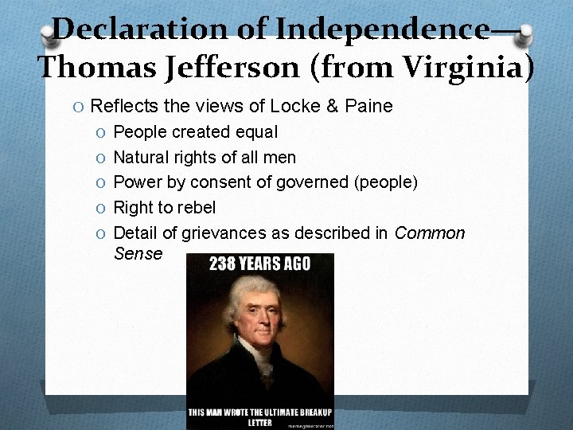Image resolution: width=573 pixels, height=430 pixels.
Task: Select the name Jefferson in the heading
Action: (228, 68)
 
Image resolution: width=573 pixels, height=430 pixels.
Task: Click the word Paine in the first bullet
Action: (368, 106)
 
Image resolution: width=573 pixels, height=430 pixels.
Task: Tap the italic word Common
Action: (430, 233)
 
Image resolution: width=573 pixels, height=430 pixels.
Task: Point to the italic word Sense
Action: (138, 254)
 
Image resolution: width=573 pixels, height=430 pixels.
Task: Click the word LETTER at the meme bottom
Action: (259, 422)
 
